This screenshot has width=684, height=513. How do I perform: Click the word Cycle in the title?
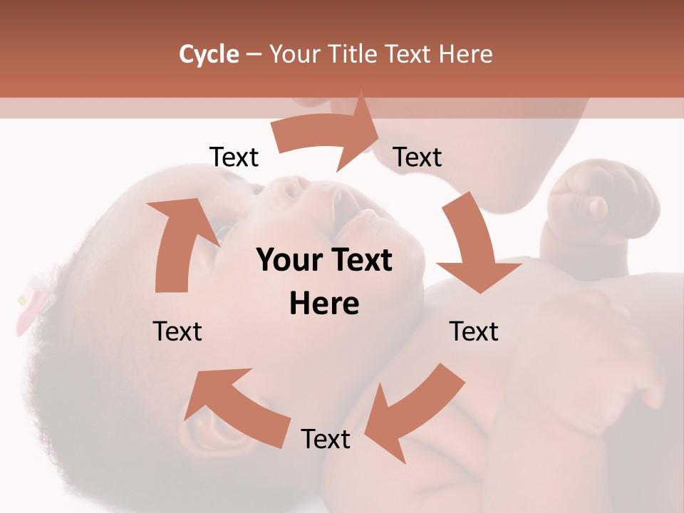(x=209, y=54)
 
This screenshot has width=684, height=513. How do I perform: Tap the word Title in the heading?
(x=353, y=54)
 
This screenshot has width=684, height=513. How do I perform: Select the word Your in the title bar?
(x=292, y=54)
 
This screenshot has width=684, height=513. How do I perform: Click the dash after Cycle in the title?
(x=254, y=55)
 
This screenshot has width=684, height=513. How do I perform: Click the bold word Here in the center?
(x=324, y=304)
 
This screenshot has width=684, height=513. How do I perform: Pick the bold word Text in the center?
(x=359, y=261)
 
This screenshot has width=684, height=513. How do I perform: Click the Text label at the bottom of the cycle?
(x=326, y=439)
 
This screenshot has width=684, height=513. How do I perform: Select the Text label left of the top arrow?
(x=234, y=157)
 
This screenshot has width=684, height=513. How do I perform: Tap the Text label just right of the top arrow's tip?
(x=418, y=157)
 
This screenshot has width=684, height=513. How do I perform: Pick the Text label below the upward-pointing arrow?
(x=177, y=331)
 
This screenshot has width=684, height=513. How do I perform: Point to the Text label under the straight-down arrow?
(x=474, y=331)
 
